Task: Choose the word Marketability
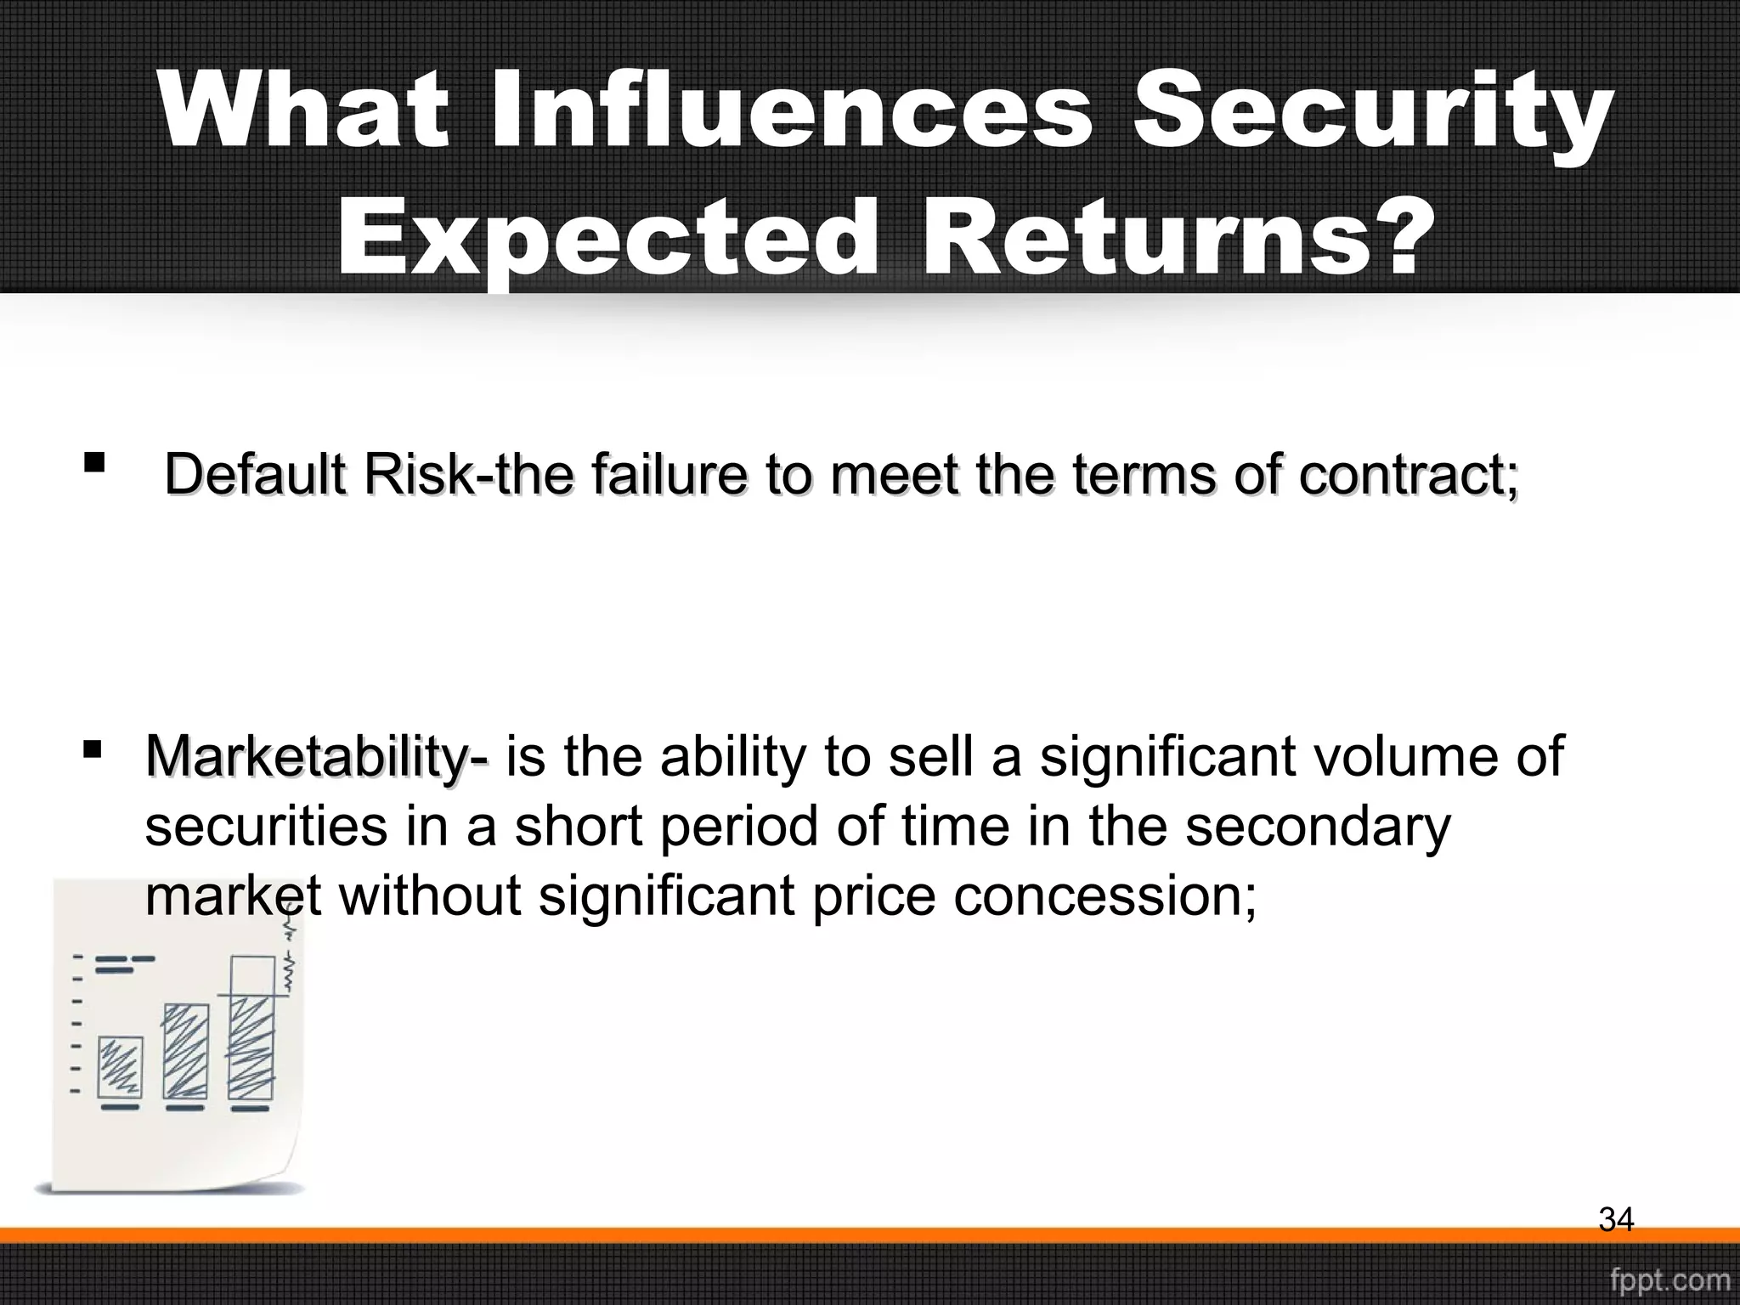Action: pos(313,755)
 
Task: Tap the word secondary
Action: pos(1318,826)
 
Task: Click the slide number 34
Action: pos(1616,1220)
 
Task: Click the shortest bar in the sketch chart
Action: pos(121,1066)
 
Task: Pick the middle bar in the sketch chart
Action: pos(185,1051)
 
